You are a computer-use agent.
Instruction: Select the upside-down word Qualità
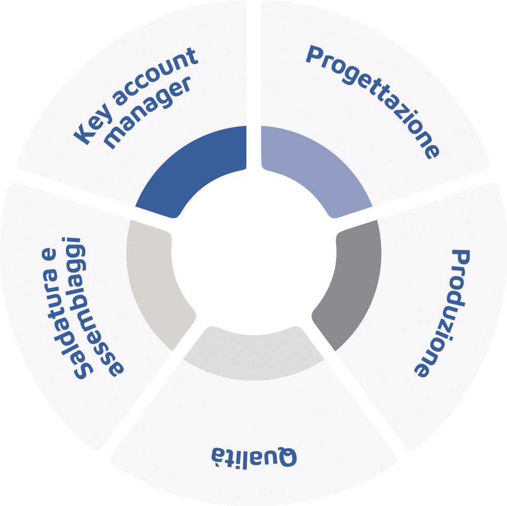tap(254, 456)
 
